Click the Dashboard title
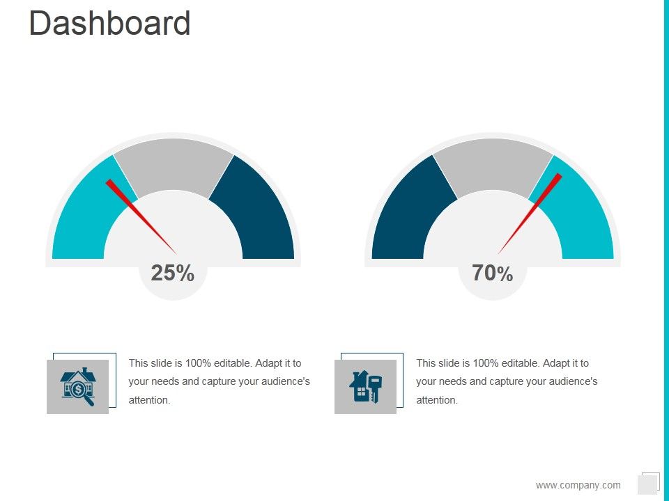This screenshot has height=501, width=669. pos(110,24)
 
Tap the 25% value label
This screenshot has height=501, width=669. pos(172,273)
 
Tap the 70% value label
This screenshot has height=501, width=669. pos(492,273)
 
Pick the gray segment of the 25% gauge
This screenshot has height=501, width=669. pos(174,163)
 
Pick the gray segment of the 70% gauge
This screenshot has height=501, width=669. pos(493,163)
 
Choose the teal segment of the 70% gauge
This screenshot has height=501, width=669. pos(582,216)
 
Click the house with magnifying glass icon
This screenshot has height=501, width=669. pos(78,386)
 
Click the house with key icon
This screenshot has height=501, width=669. pos(365,386)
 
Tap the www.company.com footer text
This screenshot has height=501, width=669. pos(578,485)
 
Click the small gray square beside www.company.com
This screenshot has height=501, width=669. pos(647,484)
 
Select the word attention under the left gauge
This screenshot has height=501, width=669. pos(149,400)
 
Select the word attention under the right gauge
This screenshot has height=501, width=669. pos(436,400)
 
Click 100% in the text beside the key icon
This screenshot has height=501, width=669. pos(484,363)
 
